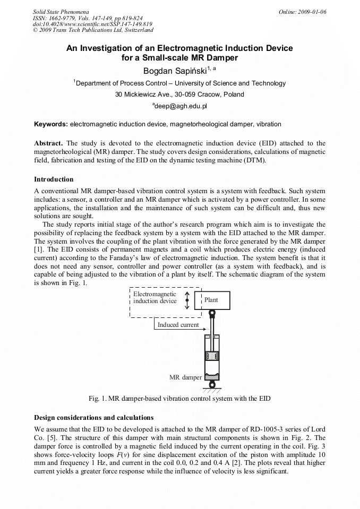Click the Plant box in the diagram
pyautogui.click(x=212, y=300)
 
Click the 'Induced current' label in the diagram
pyautogui.click(x=178, y=325)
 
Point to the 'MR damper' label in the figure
pyautogui.click(x=185, y=378)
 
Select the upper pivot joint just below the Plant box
pyautogui.click(x=212, y=314)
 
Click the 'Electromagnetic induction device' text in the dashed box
pyautogui.click(x=155, y=297)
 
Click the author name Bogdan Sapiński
pyautogui.click(x=175, y=70)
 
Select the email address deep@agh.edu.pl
pyautogui.click(x=180, y=106)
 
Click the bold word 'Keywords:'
pyautogui.click(x=51, y=124)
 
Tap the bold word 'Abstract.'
pyautogui.click(x=49, y=144)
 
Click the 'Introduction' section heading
pyautogui.click(x=54, y=179)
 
